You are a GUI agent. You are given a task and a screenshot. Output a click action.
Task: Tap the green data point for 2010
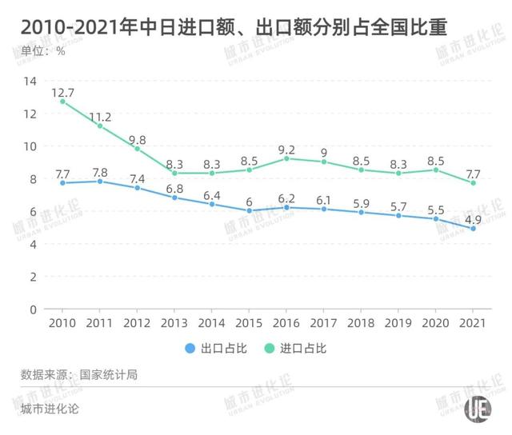(x=63, y=102)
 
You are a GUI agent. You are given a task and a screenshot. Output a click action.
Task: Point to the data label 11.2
(x=100, y=114)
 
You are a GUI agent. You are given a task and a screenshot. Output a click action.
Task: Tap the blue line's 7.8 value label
(x=100, y=170)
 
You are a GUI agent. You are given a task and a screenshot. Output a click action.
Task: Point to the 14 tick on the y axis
(x=31, y=81)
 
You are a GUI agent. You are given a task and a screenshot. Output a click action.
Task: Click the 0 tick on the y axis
(x=34, y=309)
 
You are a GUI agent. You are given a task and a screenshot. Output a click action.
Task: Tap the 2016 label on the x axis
(x=286, y=324)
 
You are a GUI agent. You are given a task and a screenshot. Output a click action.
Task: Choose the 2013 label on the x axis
(x=174, y=324)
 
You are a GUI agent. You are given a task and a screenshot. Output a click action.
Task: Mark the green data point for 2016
(x=286, y=158)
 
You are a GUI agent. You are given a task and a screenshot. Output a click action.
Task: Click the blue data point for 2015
(x=249, y=210)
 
